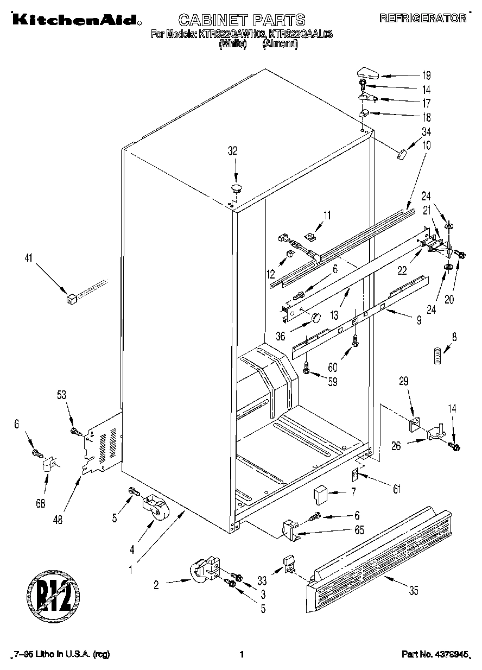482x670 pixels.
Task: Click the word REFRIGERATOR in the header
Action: [423, 18]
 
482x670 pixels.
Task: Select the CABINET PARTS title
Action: [242, 21]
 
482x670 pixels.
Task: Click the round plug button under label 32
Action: [236, 188]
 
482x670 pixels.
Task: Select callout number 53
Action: [61, 395]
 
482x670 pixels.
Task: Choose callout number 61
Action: [397, 490]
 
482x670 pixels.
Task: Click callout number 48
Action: [58, 519]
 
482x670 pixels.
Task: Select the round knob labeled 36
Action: [314, 317]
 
